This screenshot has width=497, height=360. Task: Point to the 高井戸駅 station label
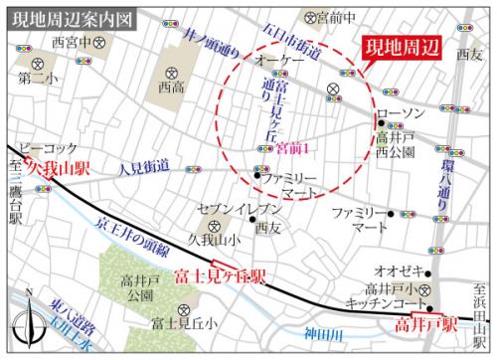pyautogui.click(x=422, y=324)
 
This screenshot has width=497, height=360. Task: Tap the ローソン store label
pyautogui.click(x=403, y=114)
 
